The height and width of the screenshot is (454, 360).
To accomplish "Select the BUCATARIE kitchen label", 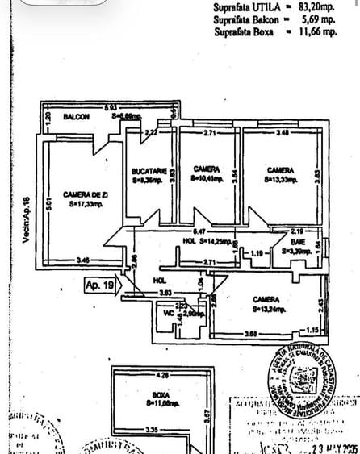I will pos(149,171).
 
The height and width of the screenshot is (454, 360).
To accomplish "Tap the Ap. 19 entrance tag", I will pos(101,284).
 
